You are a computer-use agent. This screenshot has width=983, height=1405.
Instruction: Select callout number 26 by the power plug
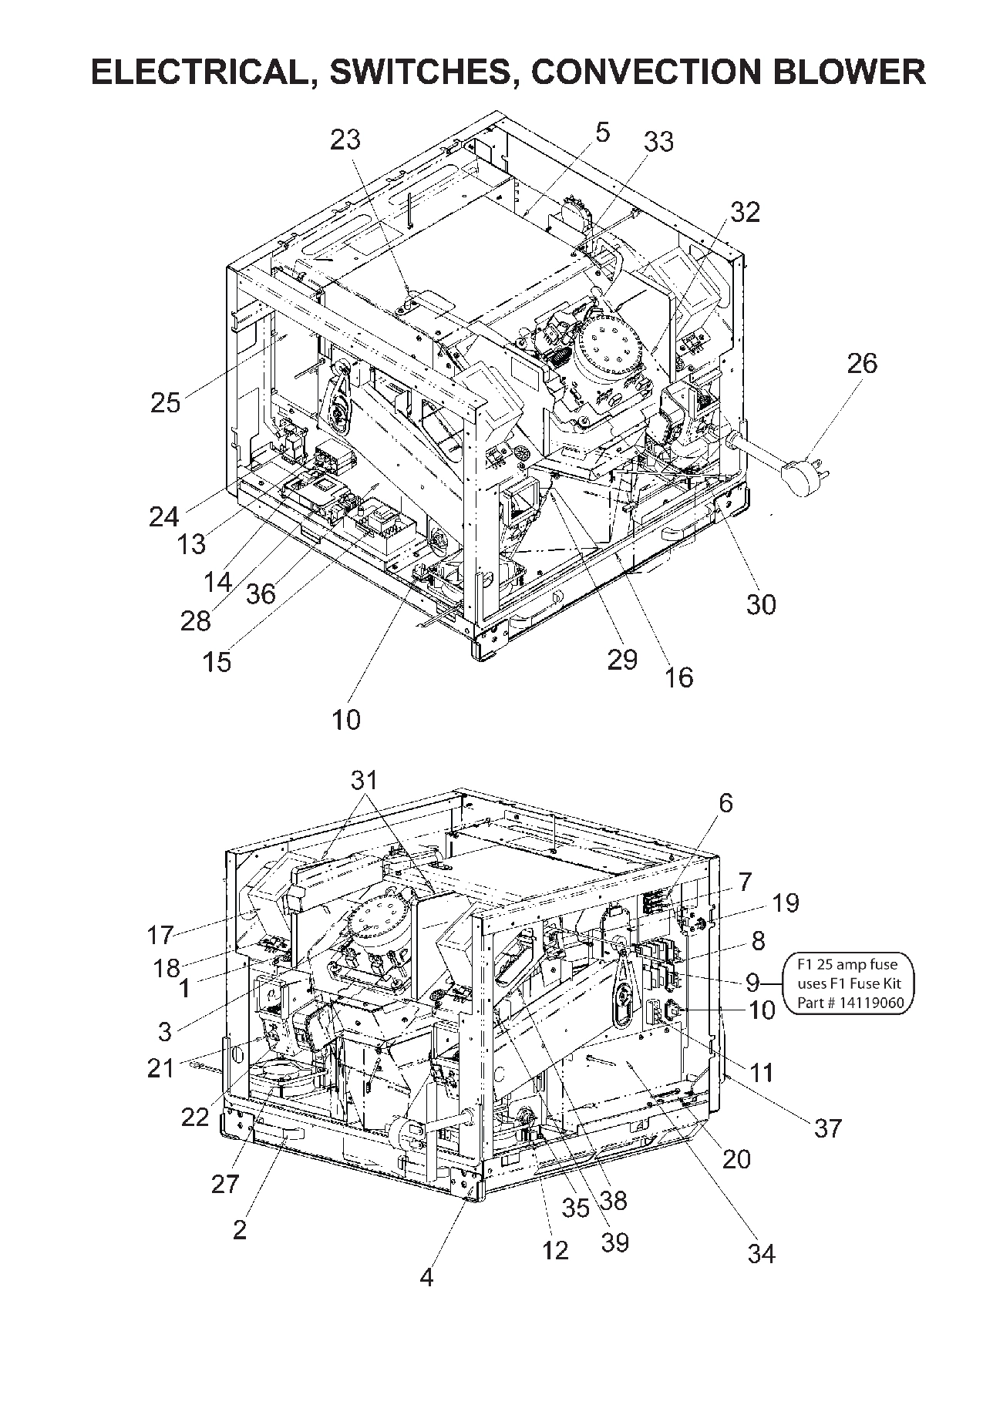862,363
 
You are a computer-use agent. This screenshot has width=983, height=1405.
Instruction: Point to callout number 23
345,139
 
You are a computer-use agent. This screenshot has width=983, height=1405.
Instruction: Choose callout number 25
165,402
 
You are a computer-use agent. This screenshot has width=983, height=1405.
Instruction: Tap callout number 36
261,593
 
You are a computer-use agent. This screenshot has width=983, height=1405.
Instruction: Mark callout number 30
760,604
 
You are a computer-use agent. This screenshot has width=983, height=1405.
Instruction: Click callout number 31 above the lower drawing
364,780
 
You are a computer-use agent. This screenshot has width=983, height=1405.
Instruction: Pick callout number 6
725,803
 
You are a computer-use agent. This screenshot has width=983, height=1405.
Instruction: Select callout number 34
761,1254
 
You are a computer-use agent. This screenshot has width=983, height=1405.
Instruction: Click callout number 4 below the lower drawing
426,1277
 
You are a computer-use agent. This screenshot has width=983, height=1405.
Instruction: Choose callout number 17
160,936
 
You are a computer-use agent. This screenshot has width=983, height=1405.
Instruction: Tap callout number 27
225,1183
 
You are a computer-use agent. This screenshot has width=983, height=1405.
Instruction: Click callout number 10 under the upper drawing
346,719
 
